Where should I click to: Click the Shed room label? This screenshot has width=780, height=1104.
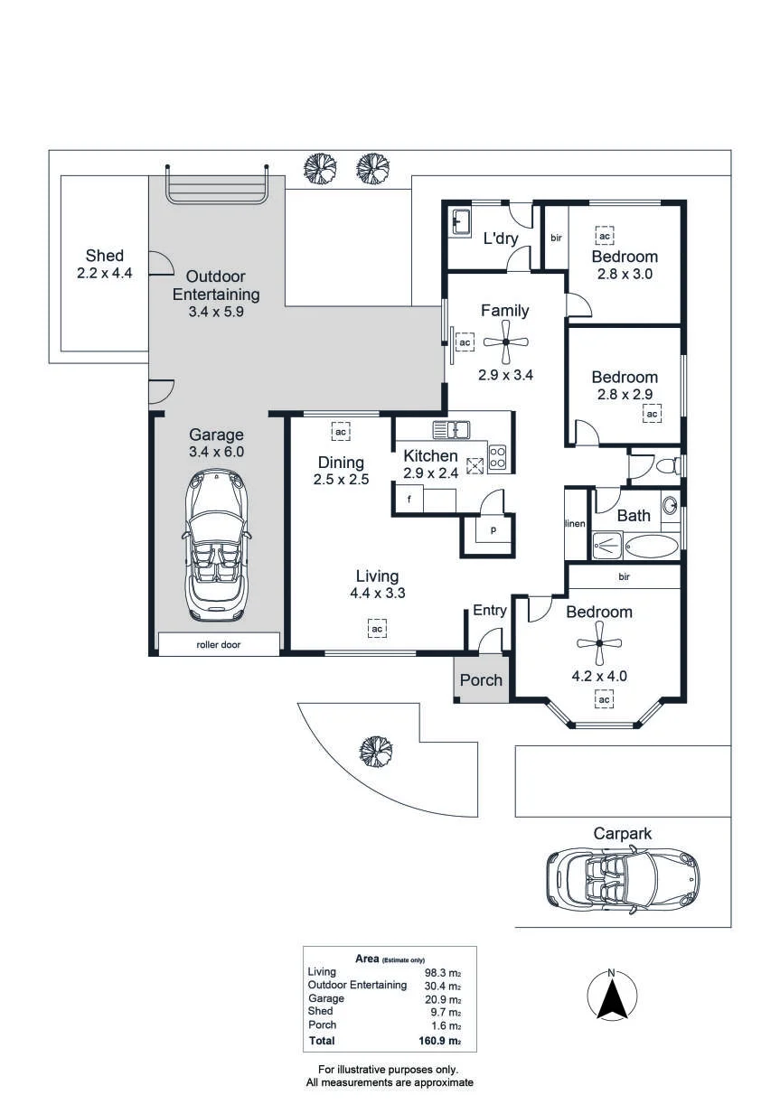(x=105, y=256)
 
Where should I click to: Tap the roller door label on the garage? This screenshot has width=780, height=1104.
(x=219, y=644)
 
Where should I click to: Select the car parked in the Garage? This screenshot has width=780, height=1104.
(x=216, y=545)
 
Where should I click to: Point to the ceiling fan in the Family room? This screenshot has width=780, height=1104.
(x=506, y=341)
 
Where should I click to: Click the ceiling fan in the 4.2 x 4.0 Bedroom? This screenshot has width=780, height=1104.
(x=599, y=642)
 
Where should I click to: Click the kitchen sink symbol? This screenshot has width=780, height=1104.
(x=451, y=430)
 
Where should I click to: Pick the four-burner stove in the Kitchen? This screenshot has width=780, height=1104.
(x=497, y=456)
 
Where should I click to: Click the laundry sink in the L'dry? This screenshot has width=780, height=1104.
(x=461, y=223)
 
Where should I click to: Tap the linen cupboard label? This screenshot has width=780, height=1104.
(x=575, y=523)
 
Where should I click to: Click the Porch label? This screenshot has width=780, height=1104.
(x=481, y=680)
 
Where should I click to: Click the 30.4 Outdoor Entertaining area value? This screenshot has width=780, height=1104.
(x=442, y=987)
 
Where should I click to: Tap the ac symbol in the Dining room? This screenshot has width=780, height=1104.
(x=341, y=431)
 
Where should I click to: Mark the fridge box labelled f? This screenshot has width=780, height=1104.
(x=409, y=500)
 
